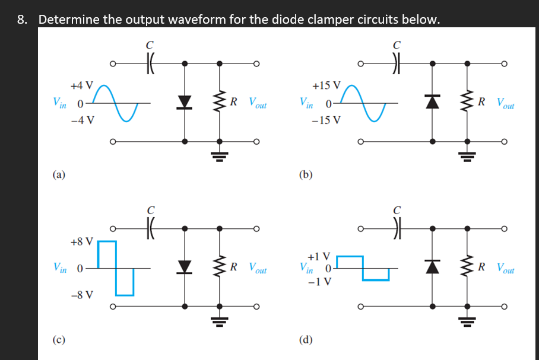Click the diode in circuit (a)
point(185,103)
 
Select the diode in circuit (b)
point(432,101)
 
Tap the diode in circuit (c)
point(185,267)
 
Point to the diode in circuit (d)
point(432,266)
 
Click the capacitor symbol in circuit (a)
point(150,63)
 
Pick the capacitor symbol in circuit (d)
point(397,228)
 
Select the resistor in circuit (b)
point(467,101)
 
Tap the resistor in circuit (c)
point(220,266)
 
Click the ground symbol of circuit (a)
point(220,157)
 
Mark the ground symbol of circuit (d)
point(467,321)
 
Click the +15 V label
point(326,85)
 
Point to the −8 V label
point(82,295)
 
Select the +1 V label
point(319,257)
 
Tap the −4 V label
point(83,120)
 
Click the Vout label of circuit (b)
point(505,103)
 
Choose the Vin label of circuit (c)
point(59,267)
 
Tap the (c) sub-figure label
point(59,339)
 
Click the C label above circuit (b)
point(397,45)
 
